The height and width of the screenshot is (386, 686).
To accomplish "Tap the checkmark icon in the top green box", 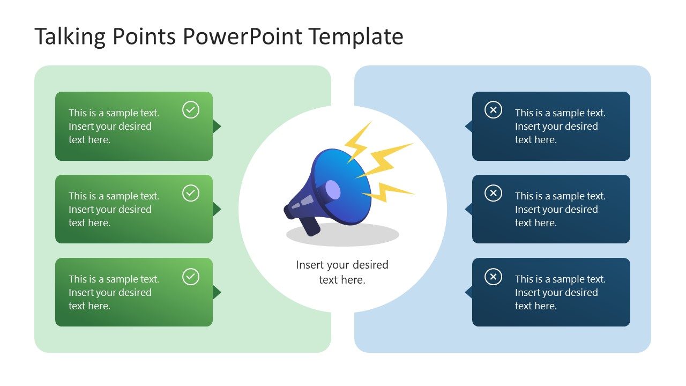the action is [x=191, y=110].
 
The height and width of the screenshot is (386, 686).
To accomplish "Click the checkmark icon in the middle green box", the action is [x=191, y=193].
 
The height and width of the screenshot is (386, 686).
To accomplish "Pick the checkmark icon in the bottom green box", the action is [x=191, y=277].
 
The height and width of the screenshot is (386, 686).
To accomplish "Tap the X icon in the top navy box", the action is [x=494, y=110].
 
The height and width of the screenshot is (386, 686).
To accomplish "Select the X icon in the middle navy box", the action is [x=494, y=193].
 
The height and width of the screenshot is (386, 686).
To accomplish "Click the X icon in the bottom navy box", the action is [x=494, y=277].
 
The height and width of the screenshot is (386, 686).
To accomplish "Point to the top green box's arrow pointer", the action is [x=217, y=126].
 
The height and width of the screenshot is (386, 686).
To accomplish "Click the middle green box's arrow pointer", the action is [x=217, y=209].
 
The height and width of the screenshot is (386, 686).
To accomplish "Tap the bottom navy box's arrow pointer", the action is [x=468, y=292].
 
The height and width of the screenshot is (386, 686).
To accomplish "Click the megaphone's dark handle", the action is [x=310, y=226].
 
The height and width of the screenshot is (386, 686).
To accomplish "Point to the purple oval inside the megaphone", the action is [x=333, y=190].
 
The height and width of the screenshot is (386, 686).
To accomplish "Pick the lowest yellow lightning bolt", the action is [x=387, y=192].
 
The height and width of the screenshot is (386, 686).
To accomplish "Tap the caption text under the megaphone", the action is [x=342, y=272].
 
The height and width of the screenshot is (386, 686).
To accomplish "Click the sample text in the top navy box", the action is [x=560, y=126].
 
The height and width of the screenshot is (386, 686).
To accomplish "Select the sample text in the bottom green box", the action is [x=114, y=292].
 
